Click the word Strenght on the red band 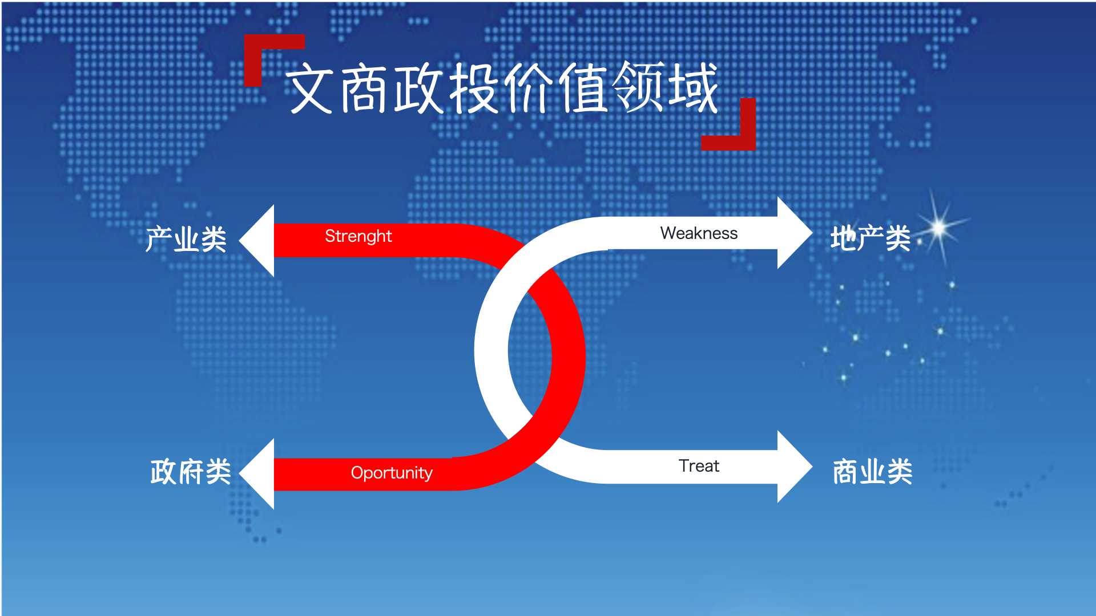coord(358,236)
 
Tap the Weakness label coord(699,233)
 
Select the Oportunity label coord(392,473)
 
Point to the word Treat coord(699,466)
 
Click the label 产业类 coord(186,239)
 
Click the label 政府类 coord(190,472)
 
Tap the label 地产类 coord(870,238)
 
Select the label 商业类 coord(872,472)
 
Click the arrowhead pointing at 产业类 coord(260,241)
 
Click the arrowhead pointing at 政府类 coord(260,474)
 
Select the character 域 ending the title coord(693,88)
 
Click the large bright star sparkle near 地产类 coord(939,228)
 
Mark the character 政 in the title coord(418,88)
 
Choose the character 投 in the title coord(473,88)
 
